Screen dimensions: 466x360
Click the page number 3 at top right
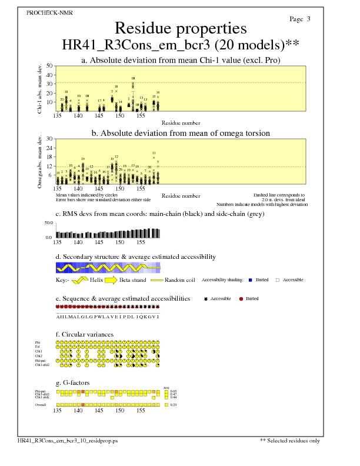pos(308,19)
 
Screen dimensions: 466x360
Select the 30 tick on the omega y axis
pos(49,139)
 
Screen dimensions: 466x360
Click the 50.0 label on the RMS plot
pos(48,223)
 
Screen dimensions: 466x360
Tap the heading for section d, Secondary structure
pos(135,257)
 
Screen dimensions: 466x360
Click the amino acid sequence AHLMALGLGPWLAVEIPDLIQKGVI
pos(108,317)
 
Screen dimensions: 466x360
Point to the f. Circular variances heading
pos(85,334)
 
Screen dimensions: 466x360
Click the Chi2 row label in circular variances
pos(38,356)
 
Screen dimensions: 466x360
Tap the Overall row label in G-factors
pos(40,405)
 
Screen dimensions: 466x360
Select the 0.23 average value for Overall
pos(173,405)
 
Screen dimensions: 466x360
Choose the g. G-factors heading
pos(75,382)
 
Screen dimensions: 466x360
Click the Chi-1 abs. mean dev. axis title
pos(39,88)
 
